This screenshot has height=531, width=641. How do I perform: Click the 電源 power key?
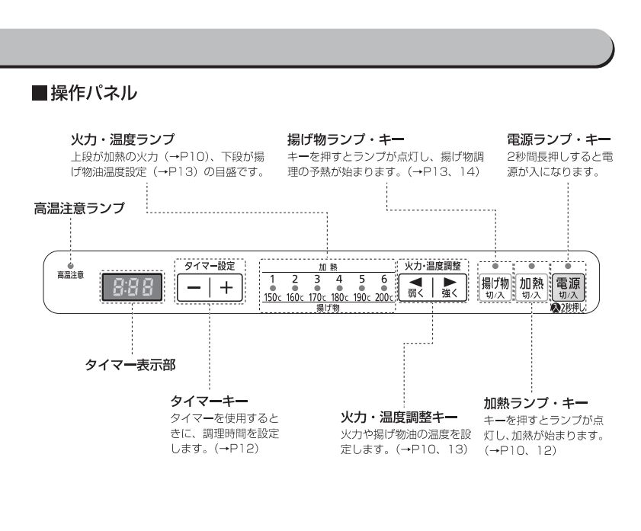[569, 287]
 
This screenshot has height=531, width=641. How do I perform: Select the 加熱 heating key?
[532, 287]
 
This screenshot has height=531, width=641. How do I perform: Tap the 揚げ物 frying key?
[495, 287]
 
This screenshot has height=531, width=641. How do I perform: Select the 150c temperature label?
[273, 297]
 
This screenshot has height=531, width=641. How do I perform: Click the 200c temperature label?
[384, 297]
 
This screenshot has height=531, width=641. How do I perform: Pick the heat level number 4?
[340, 279]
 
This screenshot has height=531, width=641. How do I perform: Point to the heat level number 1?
[273, 279]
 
